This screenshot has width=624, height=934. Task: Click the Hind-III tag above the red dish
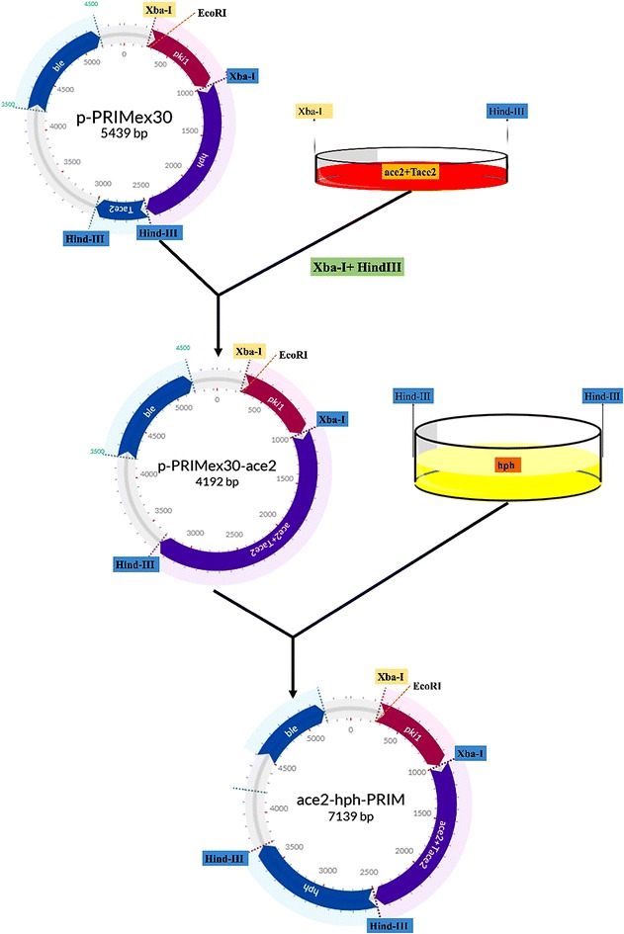[507, 112]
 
